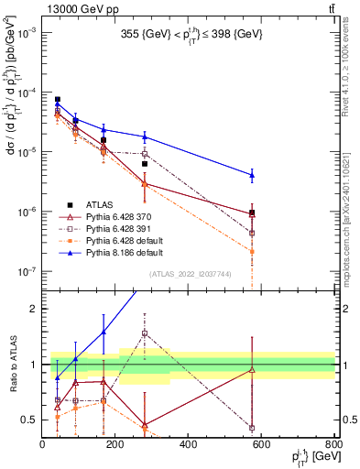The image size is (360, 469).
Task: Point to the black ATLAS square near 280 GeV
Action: pos(145,164)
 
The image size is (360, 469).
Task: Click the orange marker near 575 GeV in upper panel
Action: pos(252,251)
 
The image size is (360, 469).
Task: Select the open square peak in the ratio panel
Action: pos(145,333)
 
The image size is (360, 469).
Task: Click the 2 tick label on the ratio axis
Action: pos(35,309)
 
